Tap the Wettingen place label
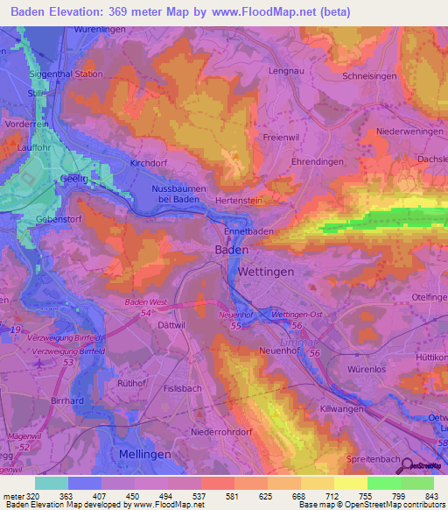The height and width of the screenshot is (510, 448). (266, 273)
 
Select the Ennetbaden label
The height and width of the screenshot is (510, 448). (249, 231)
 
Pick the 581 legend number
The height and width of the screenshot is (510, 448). (232, 495)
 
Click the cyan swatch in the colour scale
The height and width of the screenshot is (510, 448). (51, 483)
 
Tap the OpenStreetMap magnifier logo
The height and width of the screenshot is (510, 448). (421, 466)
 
